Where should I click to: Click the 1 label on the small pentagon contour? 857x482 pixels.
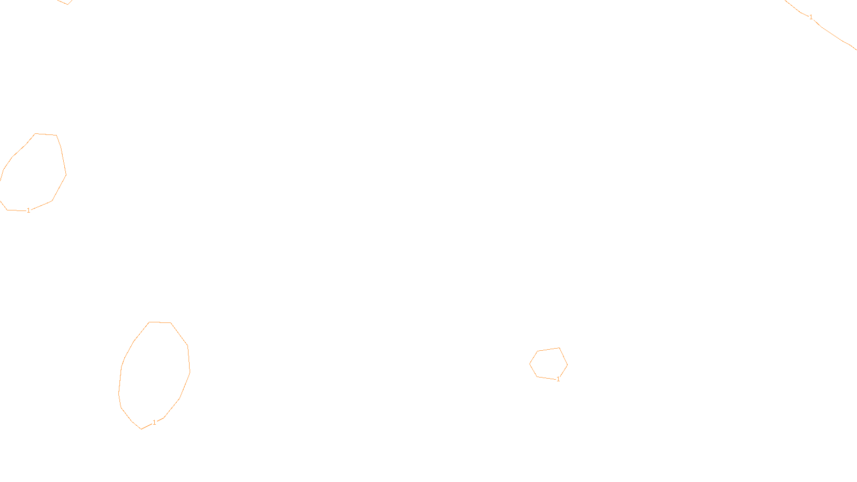point(558,379)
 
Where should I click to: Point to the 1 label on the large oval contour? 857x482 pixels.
point(155,423)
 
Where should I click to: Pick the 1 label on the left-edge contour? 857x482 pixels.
point(28,210)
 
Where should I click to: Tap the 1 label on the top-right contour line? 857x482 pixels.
point(811,17)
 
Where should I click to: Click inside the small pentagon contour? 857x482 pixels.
point(548,364)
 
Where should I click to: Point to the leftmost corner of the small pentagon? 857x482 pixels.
point(530,364)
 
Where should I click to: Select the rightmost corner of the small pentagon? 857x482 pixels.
point(567,365)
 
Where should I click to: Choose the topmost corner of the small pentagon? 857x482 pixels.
point(559,348)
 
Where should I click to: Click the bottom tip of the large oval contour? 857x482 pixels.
point(141,429)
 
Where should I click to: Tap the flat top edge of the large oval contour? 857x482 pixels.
point(160,322)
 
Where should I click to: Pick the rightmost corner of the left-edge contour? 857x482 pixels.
point(66,175)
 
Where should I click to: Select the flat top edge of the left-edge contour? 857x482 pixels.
point(46,134)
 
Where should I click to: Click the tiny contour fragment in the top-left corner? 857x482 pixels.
point(64,2)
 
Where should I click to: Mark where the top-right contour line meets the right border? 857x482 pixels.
point(855,49)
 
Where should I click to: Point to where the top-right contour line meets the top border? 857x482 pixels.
point(786,1)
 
